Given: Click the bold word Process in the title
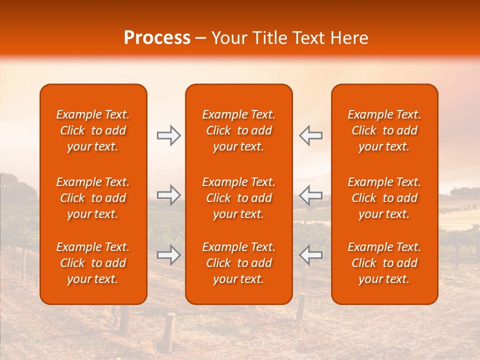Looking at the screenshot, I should pyautogui.click(x=157, y=38).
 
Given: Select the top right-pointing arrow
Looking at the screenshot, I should pyautogui.click(x=168, y=135).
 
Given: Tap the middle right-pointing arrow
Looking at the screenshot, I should pyautogui.click(x=168, y=195).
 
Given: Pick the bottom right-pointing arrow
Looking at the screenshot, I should pyautogui.click(x=168, y=255).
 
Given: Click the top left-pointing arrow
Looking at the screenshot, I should pyautogui.click(x=310, y=135).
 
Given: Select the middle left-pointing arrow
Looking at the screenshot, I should pyautogui.click(x=310, y=195).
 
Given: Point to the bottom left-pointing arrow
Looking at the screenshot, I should pyautogui.click(x=310, y=255).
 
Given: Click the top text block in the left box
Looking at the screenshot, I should pyautogui.click(x=93, y=130).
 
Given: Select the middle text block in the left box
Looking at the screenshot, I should pyautogui.click(x=93, y=198).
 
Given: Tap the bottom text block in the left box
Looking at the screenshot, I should pyautogui.click(x=93, y=263).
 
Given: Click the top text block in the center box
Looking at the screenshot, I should pyautogui.click(x=239, y=130).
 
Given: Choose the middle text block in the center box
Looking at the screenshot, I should pyautogui.click(x=239, y=198).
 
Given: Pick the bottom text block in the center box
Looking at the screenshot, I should pyautogui.click(x=239, y=263).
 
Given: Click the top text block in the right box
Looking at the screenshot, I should pyautogui.click(x=384, y=130).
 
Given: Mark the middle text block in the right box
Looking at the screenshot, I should pyautogui.click(x=384, y=198).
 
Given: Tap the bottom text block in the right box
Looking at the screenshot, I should pyautogui.click(x=384, y=263).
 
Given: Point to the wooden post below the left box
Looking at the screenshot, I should pyautogui.click(x=170, y=330).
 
